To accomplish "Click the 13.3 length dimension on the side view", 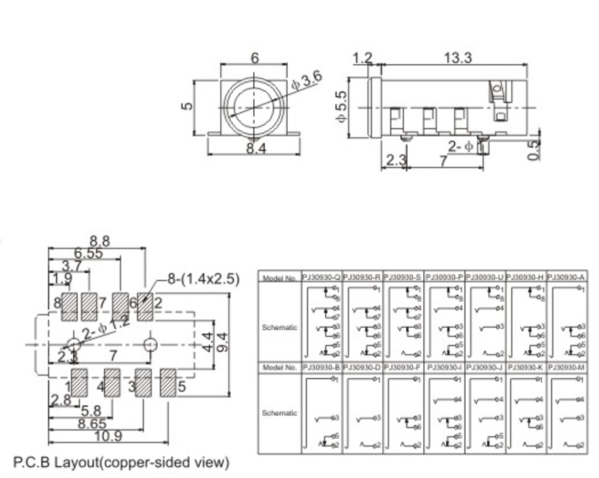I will [x=458, y=57].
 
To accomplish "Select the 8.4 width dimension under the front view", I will [x=254, y=149].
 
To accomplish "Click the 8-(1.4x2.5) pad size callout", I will [x=203, y=279].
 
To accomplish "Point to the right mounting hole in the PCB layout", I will [x=151, y=343].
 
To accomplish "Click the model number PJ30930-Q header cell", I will [x=321, y=277].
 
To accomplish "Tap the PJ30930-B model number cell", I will [x=321, y=367].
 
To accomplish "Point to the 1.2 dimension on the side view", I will [x=362, y=58].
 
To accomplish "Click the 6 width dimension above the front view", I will [x=254, y=57].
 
